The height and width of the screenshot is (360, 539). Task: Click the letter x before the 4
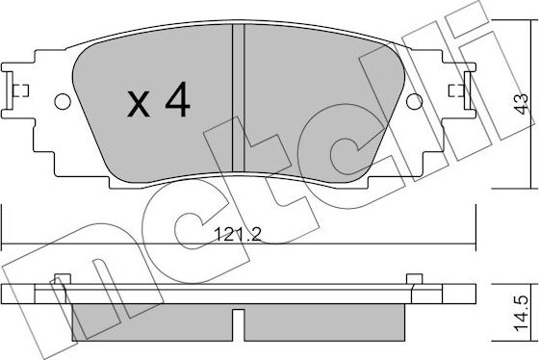coord(140,104)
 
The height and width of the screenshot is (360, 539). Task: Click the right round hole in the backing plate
coord(416,100)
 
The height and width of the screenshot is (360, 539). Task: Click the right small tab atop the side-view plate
coord(416,280)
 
